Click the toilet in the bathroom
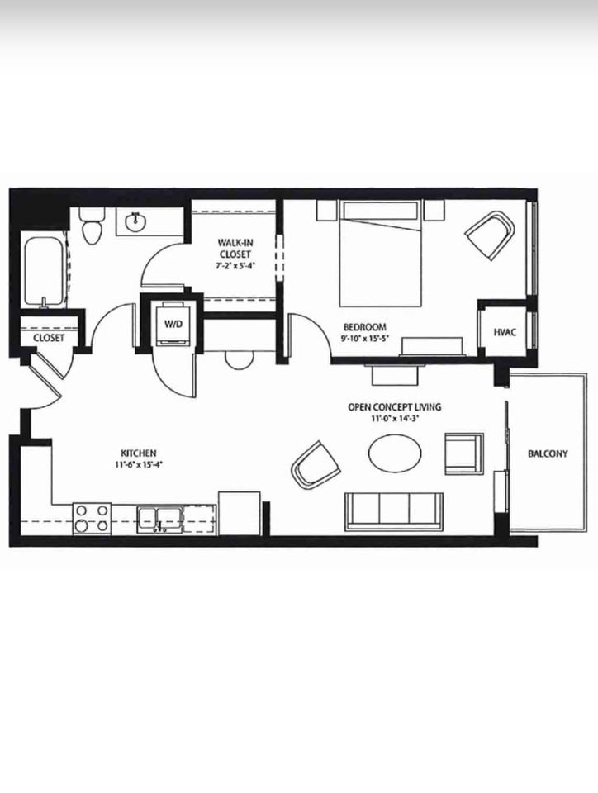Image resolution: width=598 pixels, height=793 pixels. pos(92,226)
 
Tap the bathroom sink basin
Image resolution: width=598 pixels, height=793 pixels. pos(135,221)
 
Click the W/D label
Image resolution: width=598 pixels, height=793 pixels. pos(173,324)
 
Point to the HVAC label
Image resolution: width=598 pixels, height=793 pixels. pos(505,332)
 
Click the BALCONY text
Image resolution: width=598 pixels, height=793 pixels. pos(548,453)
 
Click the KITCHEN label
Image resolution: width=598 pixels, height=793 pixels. pos(139,453)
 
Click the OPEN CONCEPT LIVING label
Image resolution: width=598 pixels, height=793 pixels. pos(394,406)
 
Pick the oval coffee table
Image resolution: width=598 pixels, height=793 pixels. pos(395,453)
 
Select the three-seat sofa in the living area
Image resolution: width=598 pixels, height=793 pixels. pos(394,511)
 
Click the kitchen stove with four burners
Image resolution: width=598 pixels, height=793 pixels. pos(92,519)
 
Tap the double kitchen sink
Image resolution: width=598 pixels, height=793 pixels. pos(159,520)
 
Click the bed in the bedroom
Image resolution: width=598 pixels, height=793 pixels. pos(381,254)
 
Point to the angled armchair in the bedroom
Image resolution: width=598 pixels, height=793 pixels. pos(489,235)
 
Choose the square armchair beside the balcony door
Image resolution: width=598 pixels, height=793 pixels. pos(464,453)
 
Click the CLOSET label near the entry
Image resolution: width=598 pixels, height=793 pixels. pos(49,337)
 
